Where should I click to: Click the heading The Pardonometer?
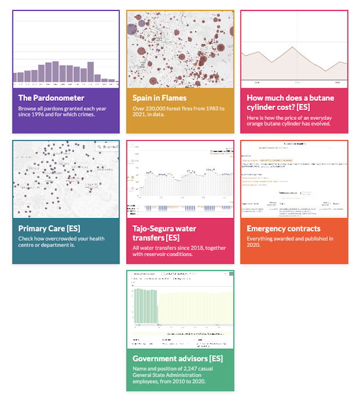coord(51,98)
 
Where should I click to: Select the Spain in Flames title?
coord(159,98)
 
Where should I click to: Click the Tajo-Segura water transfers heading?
coord(164,233)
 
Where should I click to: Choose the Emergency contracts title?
coord(284,228)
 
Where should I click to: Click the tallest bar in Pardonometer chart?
coord(56,72)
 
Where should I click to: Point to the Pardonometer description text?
coord(61,112)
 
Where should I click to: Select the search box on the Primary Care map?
coord(108,147)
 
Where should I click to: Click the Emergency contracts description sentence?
coord(290,242)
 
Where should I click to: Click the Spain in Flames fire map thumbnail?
coord(180,49)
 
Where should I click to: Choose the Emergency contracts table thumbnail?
coord(294,179)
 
